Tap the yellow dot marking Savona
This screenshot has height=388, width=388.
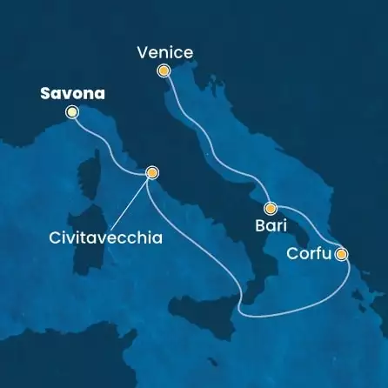tap(72, 111)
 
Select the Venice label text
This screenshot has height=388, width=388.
tap(164, 54)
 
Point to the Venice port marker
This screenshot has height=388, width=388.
tap(163, 71)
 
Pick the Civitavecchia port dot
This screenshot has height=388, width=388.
tap(152, 172)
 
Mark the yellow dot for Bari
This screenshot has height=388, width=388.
tap(271, 208)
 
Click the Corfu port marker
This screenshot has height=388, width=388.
tap(341, 254)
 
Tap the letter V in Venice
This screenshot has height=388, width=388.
tap(142, 54)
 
